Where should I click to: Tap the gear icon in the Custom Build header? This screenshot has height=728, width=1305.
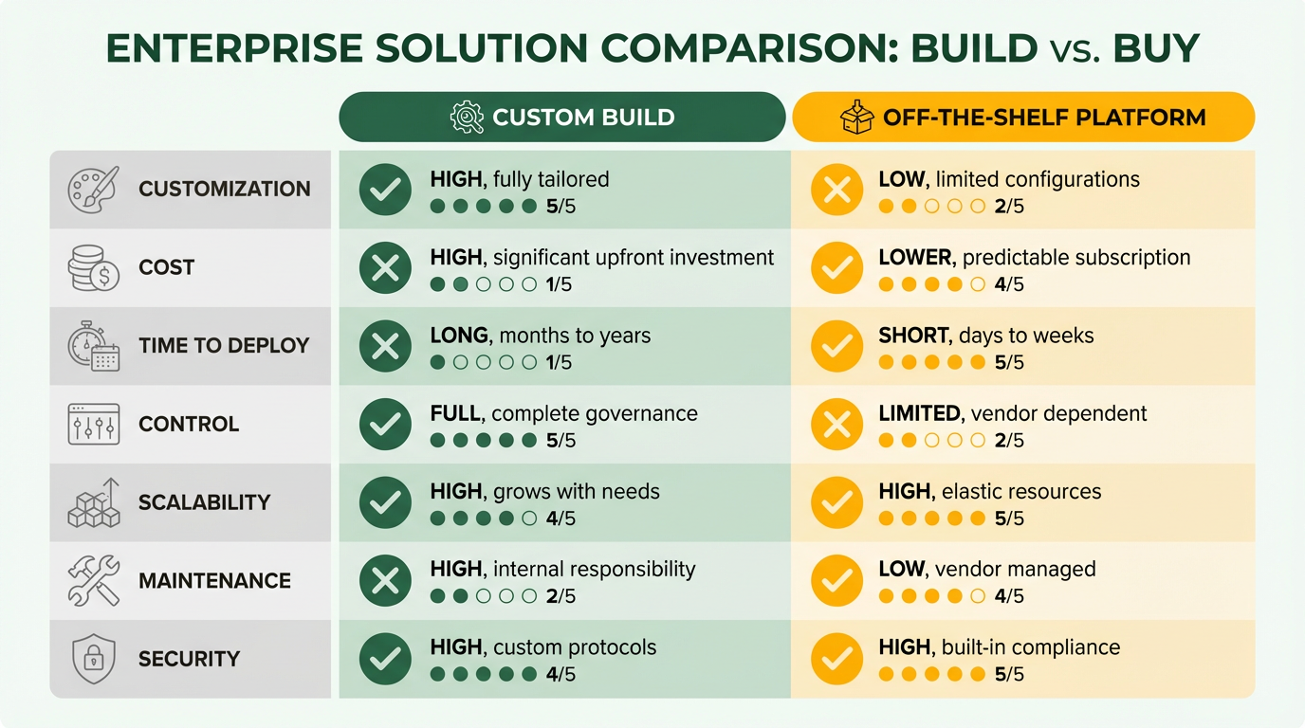tap(467, 118)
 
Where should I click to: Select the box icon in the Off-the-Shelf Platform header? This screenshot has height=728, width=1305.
tap(856, 118)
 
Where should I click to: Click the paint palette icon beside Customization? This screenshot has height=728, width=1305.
tap(93, 189)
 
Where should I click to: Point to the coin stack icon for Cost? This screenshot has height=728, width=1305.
tap(93, 267)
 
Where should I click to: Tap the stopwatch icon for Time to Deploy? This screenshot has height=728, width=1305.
tap(93, 346)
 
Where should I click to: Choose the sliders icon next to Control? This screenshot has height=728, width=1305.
tap(93, 424)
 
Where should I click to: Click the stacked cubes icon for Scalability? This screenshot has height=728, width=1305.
tap(93, 502)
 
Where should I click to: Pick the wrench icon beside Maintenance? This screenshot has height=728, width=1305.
tap(93, 580)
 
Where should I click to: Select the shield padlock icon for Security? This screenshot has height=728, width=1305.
tap(93, 659)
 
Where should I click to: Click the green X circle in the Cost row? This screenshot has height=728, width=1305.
tap(385, 268)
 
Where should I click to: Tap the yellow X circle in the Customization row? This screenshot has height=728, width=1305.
tap(836, 191)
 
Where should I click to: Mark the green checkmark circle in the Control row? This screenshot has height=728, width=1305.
tap(385, 425)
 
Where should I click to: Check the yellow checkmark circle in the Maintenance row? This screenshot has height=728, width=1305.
tap(836, 581)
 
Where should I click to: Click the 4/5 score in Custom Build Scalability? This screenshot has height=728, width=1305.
tap(561, 519)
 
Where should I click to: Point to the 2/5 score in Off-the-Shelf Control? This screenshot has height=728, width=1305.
tap(1009, 441)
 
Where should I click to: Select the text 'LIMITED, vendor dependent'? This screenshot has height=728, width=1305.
tap(1013, 413)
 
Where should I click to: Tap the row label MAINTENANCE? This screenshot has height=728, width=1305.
tap(214, 580)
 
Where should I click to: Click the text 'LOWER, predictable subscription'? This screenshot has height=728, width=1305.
tap(1034, 258)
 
